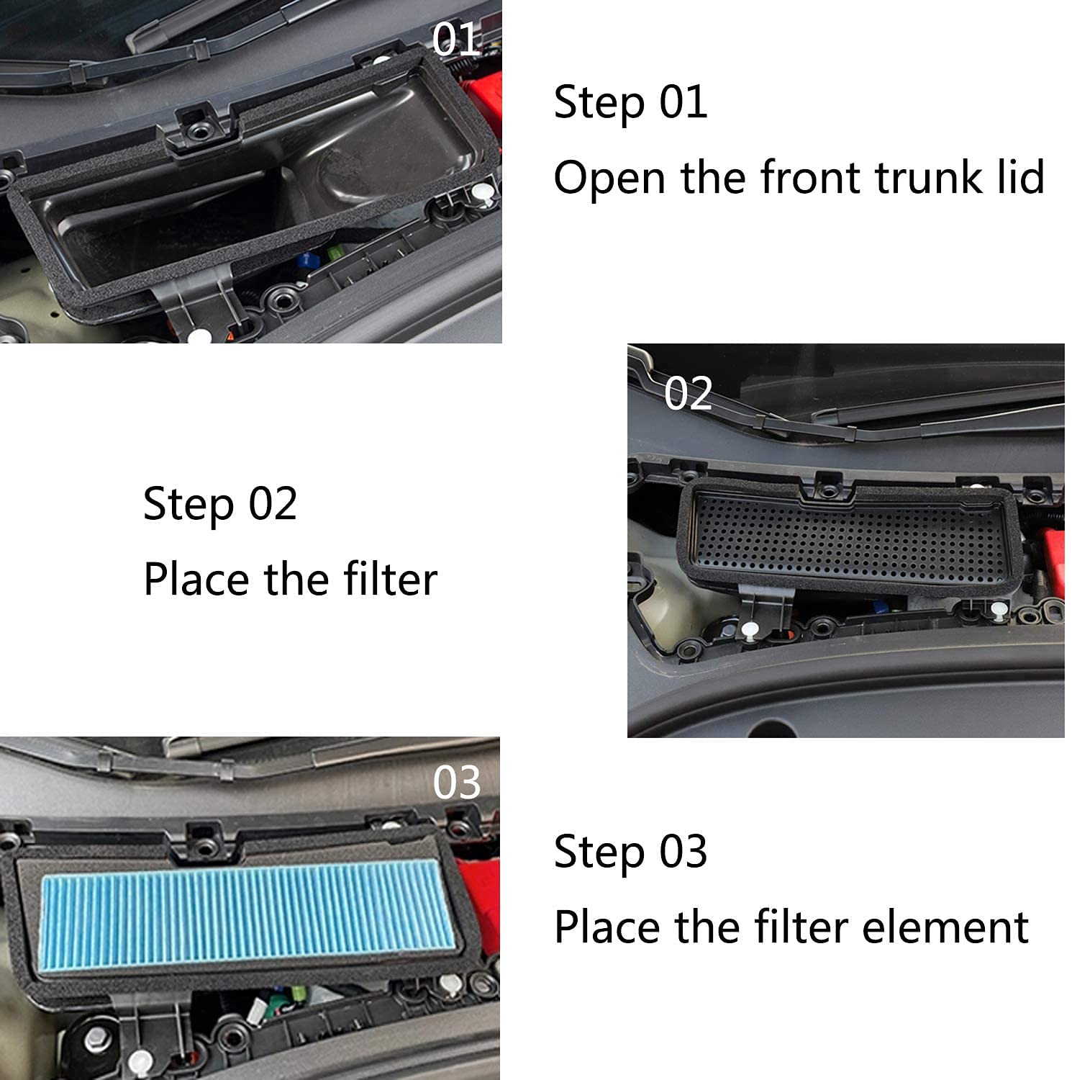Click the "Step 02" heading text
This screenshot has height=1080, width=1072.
[220, 503]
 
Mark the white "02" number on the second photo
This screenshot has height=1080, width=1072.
[688, 394]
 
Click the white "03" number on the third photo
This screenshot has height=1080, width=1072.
[456, 783]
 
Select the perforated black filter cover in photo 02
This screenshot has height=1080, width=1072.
[849, 536]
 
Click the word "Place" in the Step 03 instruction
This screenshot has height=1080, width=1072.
[609, 927]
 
